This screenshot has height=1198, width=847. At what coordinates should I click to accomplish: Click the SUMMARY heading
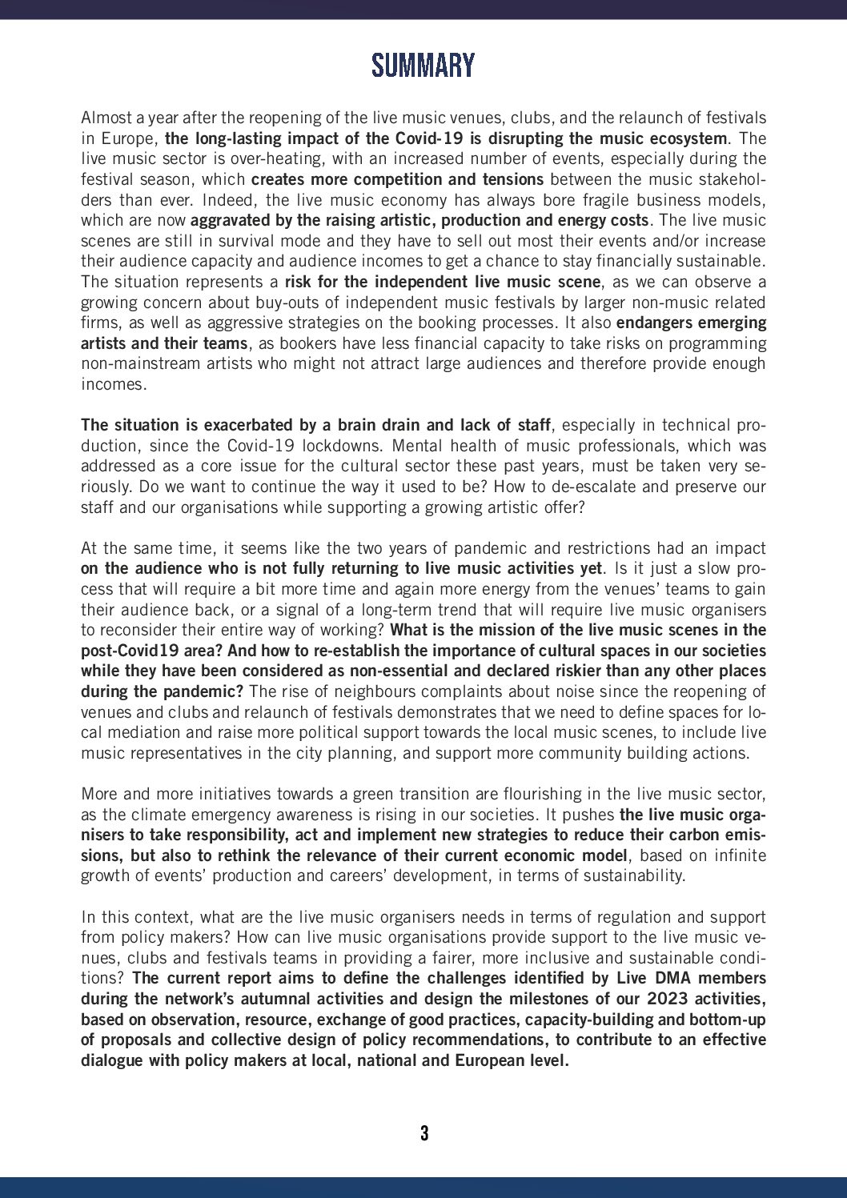423,66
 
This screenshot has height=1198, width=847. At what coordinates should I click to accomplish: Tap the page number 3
423,1132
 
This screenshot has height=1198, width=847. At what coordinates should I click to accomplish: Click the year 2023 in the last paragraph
668,999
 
